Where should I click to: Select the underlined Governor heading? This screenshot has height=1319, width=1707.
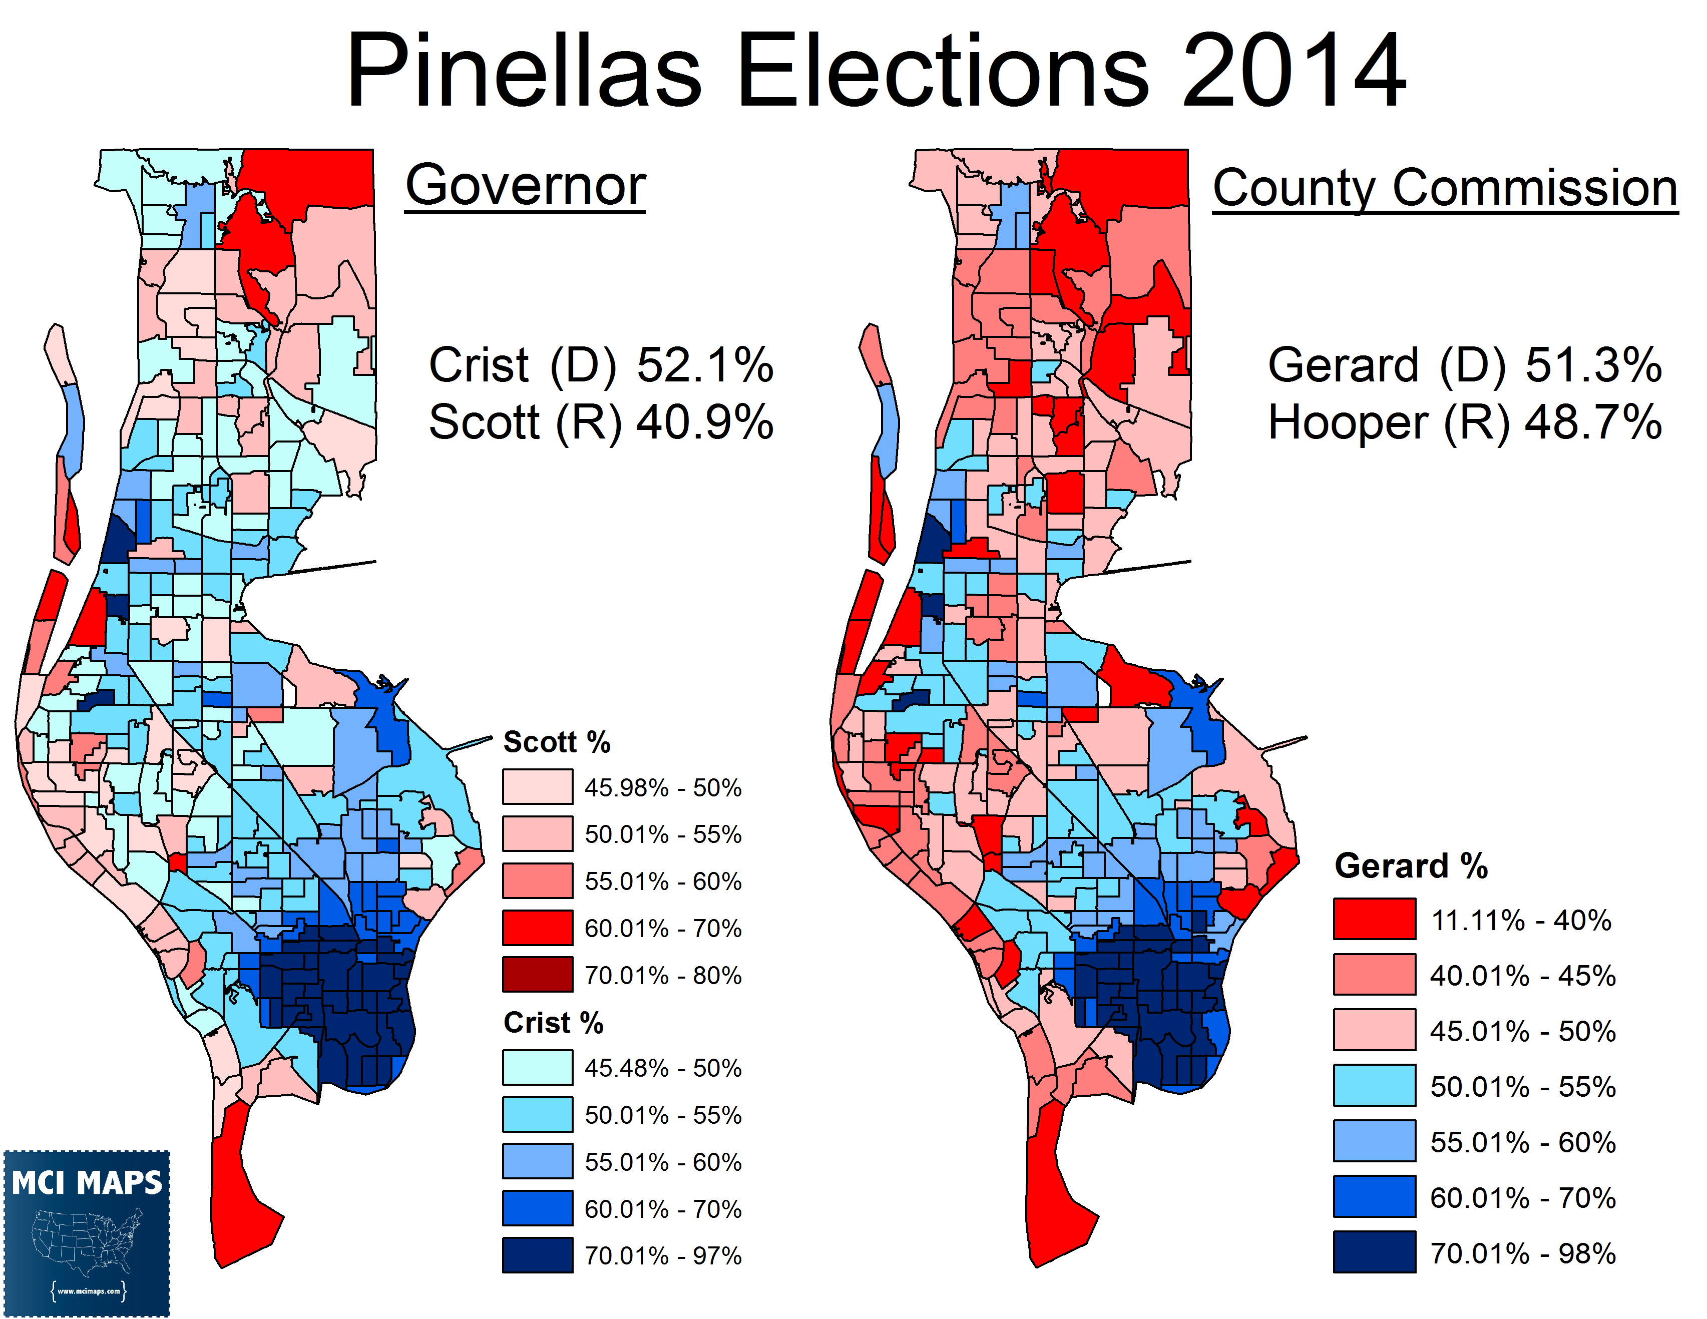[525, 186]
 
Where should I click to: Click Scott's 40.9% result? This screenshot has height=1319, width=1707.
[705, 423]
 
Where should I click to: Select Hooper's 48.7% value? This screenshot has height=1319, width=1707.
[1594, 423]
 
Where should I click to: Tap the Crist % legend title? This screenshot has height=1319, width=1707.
[553, 1022]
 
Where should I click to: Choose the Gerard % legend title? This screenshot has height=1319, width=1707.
[1411, 866]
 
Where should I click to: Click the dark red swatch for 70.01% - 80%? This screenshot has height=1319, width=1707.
[538, 975]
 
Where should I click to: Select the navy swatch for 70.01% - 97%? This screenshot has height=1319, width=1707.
[538, 1255]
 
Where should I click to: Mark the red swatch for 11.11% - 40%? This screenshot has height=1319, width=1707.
[1374, 919]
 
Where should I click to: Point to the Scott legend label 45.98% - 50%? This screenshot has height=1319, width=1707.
[663, 788]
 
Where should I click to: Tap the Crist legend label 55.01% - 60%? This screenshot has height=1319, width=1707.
[663, 1162]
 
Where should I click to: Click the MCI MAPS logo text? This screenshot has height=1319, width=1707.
[87, 1183]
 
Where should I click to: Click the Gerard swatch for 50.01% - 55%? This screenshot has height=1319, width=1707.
[1374, 1085]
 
